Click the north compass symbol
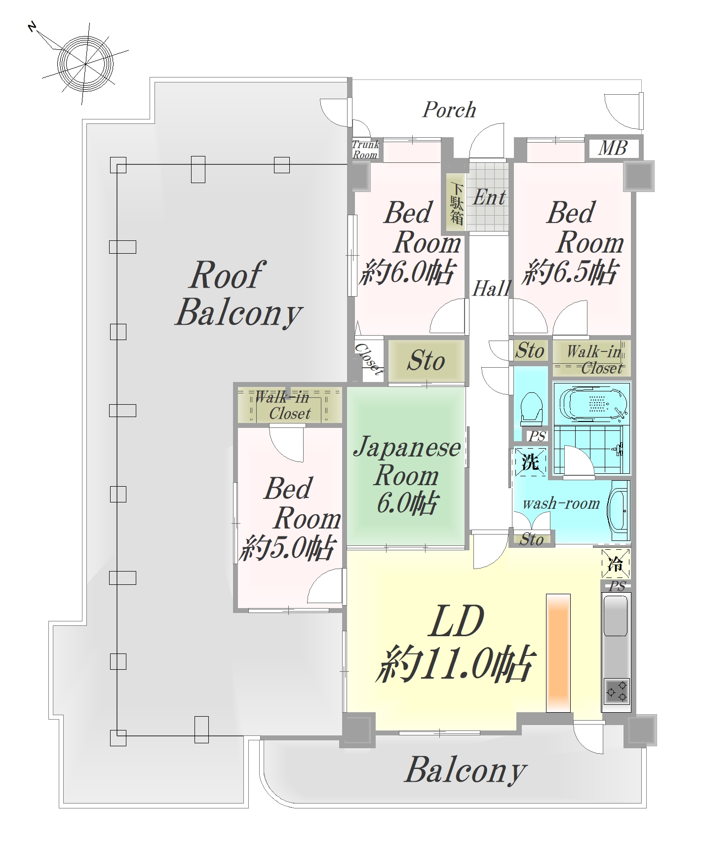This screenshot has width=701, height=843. pyautogui.click(x=85, y=63)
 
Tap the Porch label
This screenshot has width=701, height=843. pyautogui.click(x=449, y=110)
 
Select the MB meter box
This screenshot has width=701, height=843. pyautogui.click(x=613, y=148)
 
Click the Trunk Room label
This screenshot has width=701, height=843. pyautogui.click(x=365, y=149)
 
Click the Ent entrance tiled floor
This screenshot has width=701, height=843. pyautogui.click(x=488, y=196)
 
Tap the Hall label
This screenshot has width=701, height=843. pyautogui.click(x=491, y=289)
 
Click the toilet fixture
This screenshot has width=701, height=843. pyautogui.click(x=531, y=407)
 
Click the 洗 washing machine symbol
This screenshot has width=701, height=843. pyautogui.click(x=530, y=462)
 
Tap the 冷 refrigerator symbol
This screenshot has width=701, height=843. pyautogui.click(x=616, y=563)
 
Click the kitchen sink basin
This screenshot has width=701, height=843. pyautogui.click(x=616, y=615)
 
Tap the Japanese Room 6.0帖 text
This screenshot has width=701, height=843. pyautogui.click(x=407, y=475)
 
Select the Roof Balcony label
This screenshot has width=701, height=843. pyautogui.click(x=239, y=295)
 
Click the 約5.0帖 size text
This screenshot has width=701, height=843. pyautogui.click(x=287, y=548)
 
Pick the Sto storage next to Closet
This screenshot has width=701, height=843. pyautogui.click(x=426, y=360)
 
